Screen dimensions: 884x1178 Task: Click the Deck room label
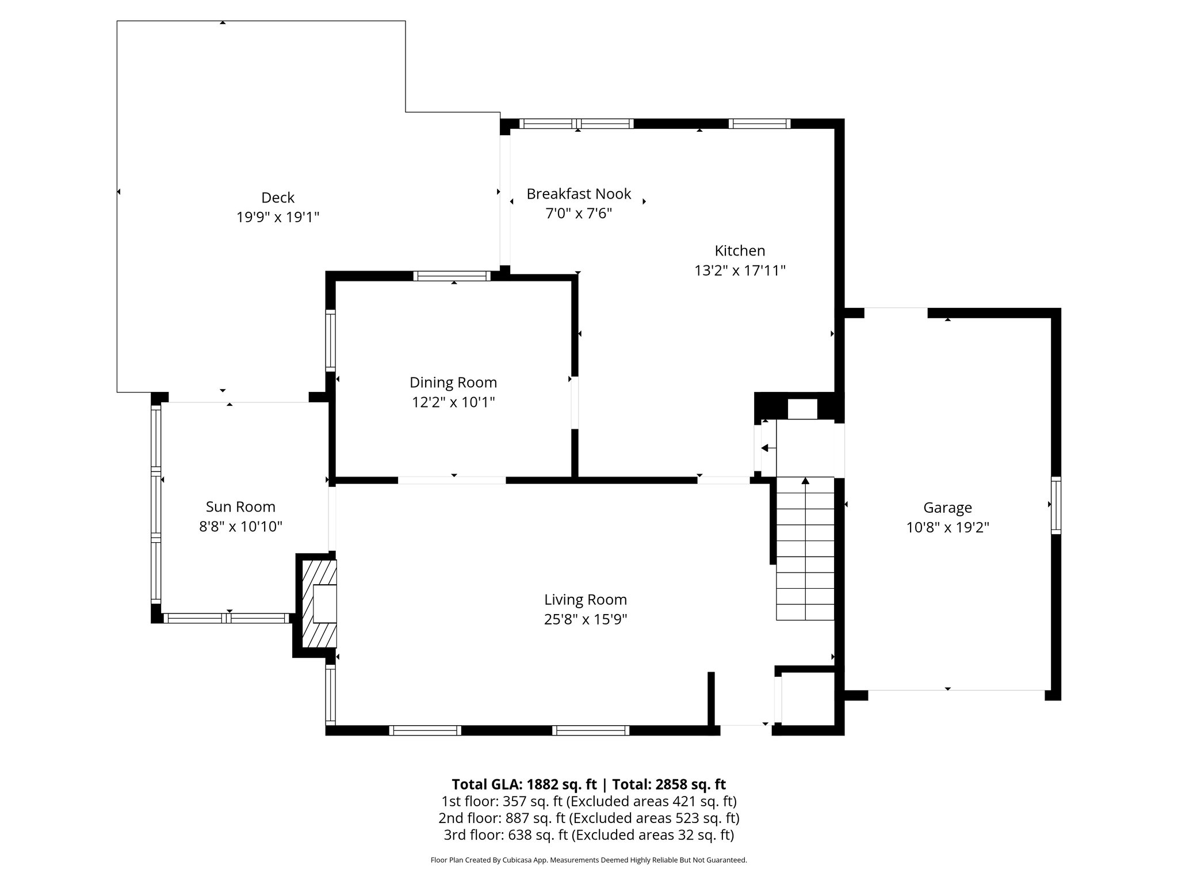[278, 197]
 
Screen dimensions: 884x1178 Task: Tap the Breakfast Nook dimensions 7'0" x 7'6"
[579, 214]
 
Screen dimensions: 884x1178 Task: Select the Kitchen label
[740, 250]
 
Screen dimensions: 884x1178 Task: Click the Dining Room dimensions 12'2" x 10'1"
[453, 402]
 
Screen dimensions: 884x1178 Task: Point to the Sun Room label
[240, 506]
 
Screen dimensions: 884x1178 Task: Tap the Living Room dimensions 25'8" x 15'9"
[586, 619]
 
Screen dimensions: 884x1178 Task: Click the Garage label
[947, 508]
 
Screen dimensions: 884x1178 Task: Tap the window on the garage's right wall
[1055, 505]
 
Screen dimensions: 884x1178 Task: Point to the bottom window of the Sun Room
[227, 618]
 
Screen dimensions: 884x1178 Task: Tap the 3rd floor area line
[588, 835]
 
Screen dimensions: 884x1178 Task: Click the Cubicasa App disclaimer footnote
[588, 860]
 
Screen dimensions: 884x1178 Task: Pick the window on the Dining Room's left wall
[330, 340]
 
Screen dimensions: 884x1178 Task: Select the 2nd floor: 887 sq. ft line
[588, 818]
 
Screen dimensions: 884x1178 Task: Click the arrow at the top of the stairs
[805, 481]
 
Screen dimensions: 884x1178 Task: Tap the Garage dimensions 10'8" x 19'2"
[947, 527]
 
